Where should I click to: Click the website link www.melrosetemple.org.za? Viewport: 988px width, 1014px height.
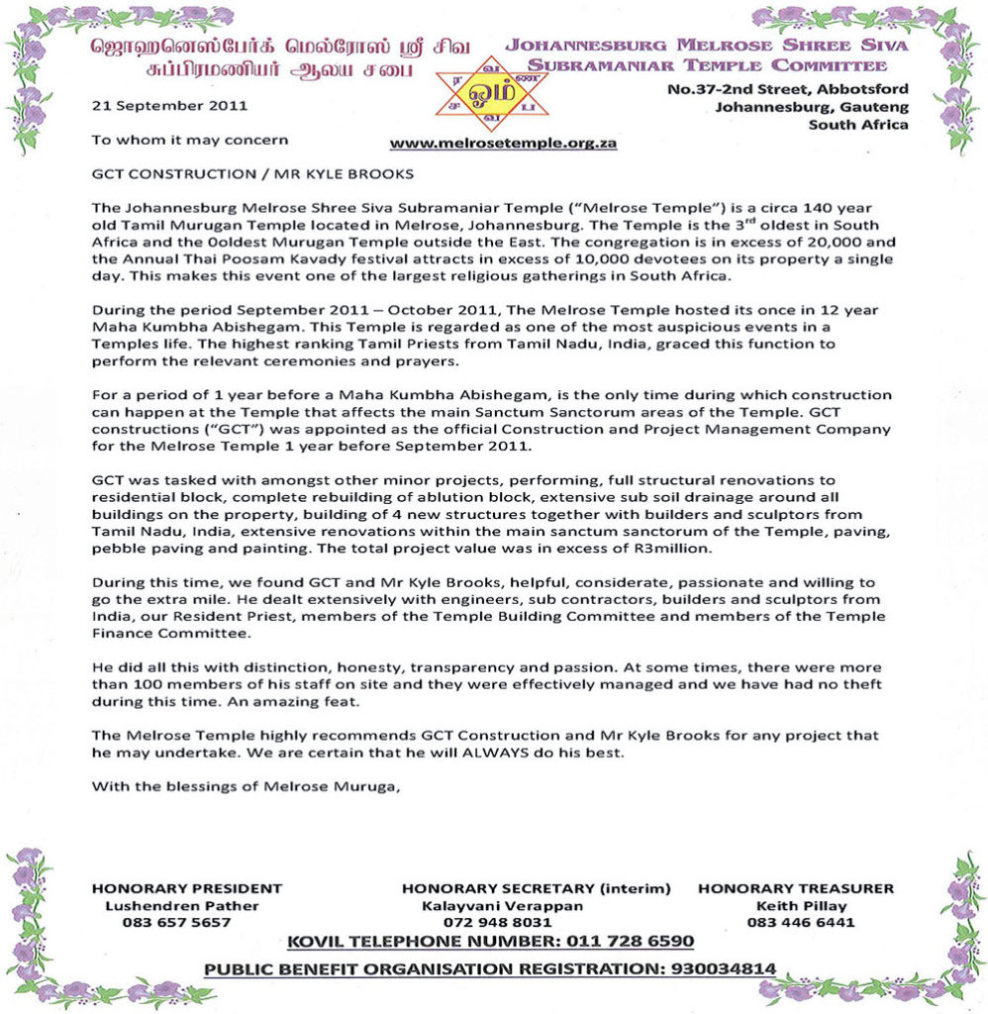tap(504, 143)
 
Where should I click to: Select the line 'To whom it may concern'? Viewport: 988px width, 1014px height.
tap(190, 140)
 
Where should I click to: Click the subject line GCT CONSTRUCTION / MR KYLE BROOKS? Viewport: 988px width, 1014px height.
tap(251, 174)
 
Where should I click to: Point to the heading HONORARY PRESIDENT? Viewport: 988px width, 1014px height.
tap(187, 888)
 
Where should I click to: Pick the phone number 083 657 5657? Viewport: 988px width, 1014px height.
tap(176, 922)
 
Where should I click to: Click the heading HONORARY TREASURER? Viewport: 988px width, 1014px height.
tap(796, 888)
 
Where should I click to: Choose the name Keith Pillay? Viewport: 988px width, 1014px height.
tap(795, 905)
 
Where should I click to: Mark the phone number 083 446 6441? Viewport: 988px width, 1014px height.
tap(795, 922)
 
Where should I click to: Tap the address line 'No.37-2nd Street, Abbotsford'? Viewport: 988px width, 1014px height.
tap(788, 90)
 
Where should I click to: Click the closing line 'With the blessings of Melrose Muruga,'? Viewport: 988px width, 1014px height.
tap(247, 787)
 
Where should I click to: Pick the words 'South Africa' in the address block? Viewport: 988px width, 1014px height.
tap(858, 125)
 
